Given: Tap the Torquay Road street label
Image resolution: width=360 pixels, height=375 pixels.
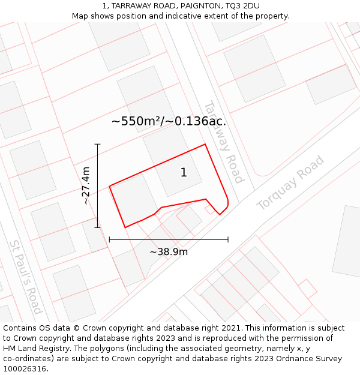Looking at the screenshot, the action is (290, 183).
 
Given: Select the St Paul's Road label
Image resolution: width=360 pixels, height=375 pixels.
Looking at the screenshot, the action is (26, 277).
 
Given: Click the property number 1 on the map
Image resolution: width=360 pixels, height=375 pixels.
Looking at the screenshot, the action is (184, 173).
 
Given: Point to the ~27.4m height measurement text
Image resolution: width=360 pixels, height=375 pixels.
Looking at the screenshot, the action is (86, 185).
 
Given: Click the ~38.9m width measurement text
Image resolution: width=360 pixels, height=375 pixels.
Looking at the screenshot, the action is (169, 252).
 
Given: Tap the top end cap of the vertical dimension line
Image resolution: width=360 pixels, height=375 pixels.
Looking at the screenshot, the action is (97, 144).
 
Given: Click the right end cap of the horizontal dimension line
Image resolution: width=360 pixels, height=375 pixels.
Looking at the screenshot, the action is (228, 239).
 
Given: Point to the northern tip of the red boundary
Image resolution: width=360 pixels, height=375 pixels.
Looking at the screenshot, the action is (205, 144).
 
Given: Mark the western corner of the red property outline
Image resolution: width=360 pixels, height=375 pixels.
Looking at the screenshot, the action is (109, 186).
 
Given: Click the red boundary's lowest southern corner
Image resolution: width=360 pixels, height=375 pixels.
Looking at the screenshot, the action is (125, 227).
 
